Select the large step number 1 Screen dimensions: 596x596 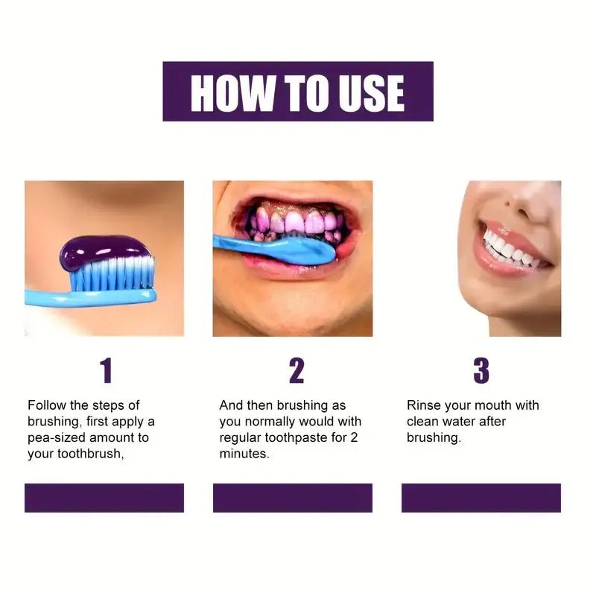pos(106,370)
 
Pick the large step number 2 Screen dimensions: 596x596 pos(297,370)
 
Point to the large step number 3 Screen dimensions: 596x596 pos(481,370)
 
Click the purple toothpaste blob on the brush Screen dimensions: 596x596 pos(105,252)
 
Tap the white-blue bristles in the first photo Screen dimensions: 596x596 pos(112,276)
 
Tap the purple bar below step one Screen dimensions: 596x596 pos(104,498)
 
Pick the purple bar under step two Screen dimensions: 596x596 pos(293,498)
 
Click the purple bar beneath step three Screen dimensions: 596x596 pos(481,498)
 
